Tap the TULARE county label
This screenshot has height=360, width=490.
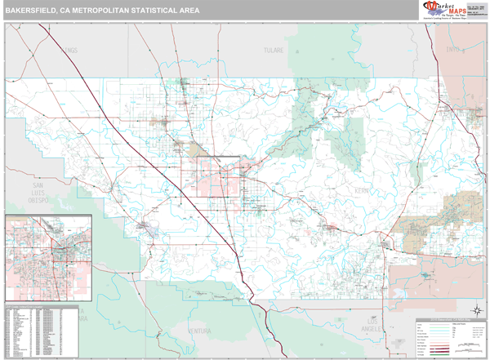(272, 50)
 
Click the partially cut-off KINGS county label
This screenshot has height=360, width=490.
(69, 50)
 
